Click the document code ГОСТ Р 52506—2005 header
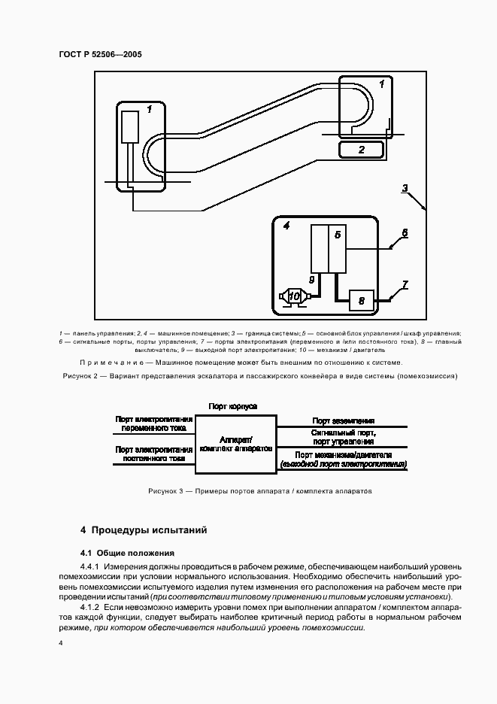pos(100,55)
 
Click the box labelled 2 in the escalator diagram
pos(362,150)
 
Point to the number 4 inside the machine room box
pos(286,225)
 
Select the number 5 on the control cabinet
pos(338,235)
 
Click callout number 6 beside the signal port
pos(404,233)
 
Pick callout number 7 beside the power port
pos(405,284)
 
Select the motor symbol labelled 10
pos(293,298)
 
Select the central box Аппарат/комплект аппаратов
pos(236,443)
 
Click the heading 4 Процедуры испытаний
pos(144,530)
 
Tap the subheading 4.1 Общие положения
pos(127,552)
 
